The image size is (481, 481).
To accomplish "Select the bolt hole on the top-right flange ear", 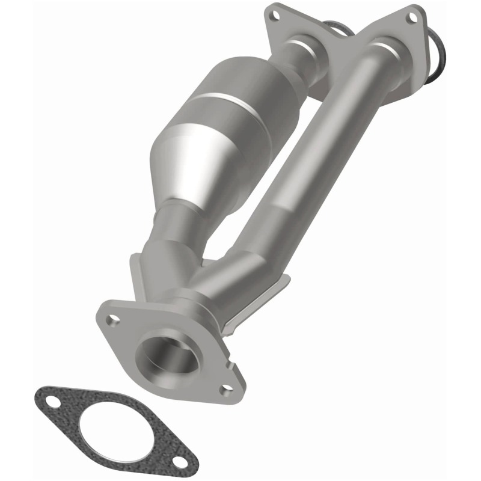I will pos(414,16).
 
